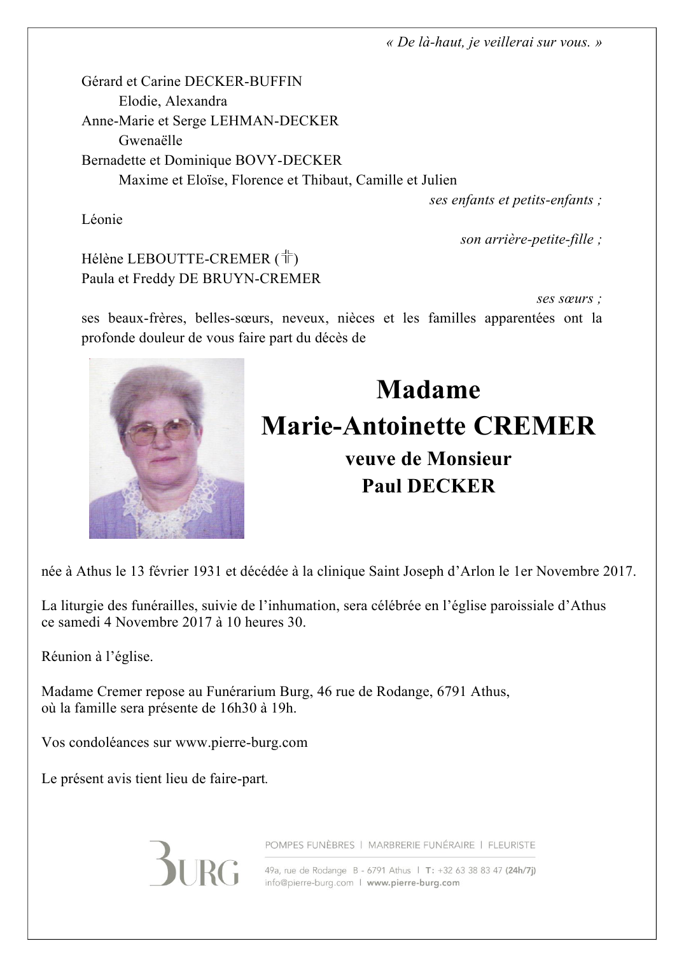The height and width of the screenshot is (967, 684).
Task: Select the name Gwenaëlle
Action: tap(150, 141)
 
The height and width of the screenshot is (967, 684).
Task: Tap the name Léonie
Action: tap(102, 219)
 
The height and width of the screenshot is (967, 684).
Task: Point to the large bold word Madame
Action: tap(428, 389)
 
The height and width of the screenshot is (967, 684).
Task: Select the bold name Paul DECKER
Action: tap(428, 486)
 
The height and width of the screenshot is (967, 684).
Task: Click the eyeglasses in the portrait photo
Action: tap(159, 431)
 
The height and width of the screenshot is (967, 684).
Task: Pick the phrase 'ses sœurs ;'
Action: tap(569, 298)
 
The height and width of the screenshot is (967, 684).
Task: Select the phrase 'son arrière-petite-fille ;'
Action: tap(531, 239)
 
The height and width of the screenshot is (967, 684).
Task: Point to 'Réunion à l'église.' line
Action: tap(97, 657)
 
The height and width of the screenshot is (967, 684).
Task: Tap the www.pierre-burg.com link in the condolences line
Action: tap(241, 742)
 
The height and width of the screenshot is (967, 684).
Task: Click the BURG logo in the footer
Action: tap(194, 863)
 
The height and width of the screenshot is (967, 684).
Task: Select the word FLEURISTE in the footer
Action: tap(512, 845)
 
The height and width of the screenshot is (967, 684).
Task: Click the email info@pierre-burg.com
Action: tap(309, 883)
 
